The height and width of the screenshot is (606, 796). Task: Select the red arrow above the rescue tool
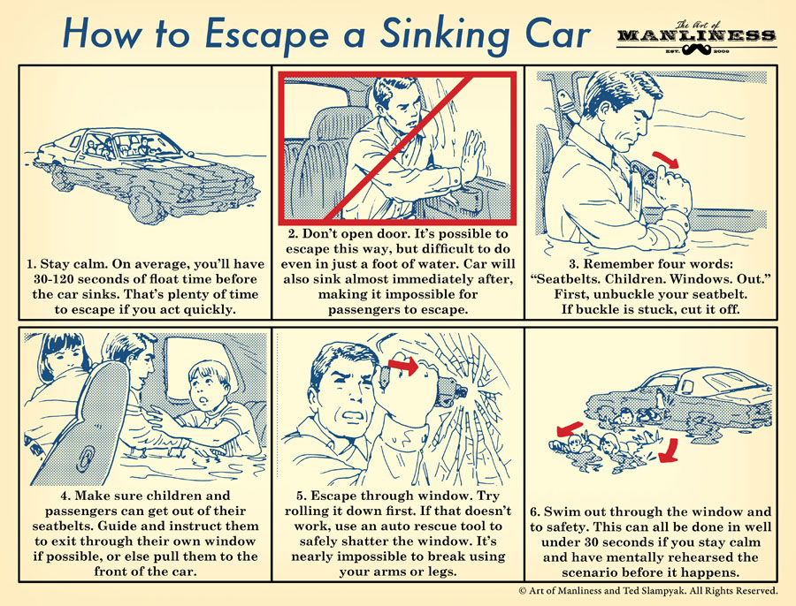coord(404,364)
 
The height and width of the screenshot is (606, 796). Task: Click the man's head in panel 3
coord(610,106)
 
